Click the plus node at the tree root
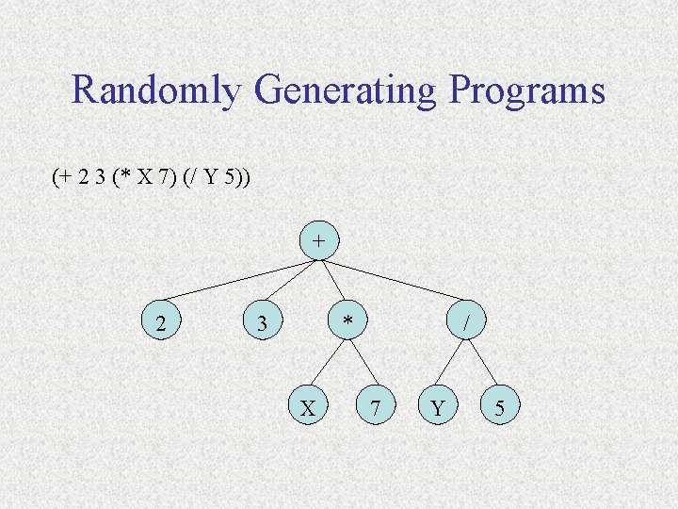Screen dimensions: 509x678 [319, 240]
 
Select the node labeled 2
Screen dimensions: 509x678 [162, 323]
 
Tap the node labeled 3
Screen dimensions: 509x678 [264, 323]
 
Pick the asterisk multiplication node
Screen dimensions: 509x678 [348, 323]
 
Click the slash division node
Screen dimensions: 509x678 [466, 323]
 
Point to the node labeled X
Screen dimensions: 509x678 [307, 407]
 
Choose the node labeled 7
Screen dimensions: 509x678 [376, 407]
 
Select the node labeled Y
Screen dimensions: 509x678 [436, 407]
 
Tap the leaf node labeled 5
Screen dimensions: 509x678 [500, 407]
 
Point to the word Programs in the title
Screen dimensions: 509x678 [527, 91]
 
